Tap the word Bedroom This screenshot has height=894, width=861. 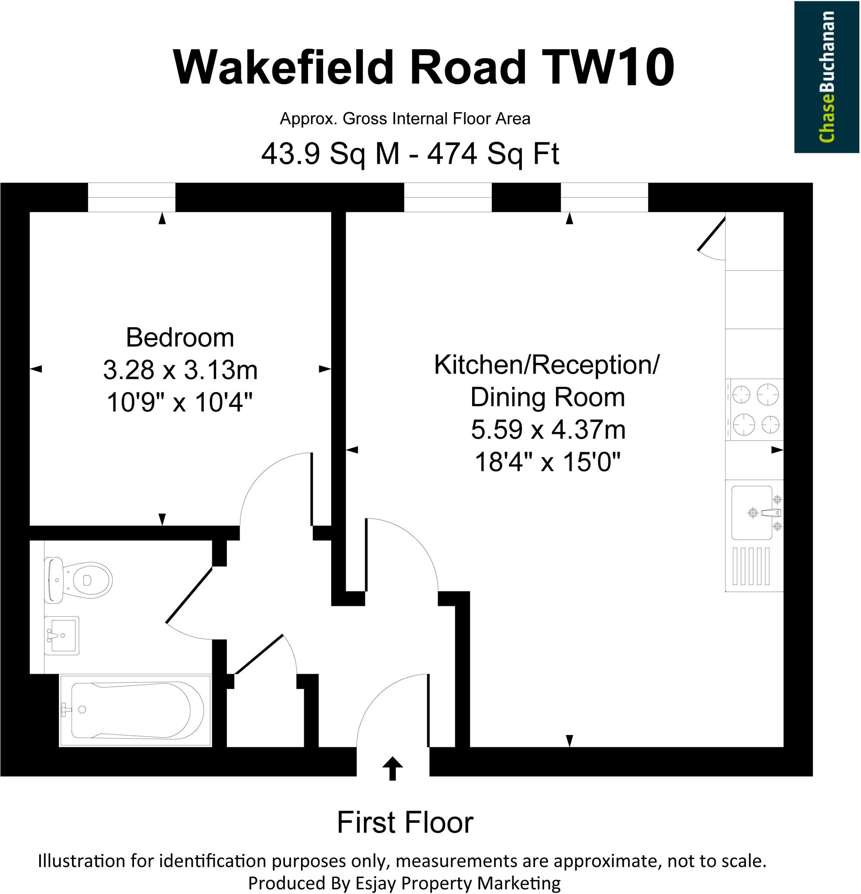(180, 337)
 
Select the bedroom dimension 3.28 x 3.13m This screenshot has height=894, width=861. (180, 370)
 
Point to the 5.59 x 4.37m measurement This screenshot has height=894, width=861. (548, 430)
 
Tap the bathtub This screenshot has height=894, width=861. (136, 711)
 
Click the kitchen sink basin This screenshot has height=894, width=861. (751, 512)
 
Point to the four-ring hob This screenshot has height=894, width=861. (755, 409)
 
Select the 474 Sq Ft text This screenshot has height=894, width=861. (493, 154)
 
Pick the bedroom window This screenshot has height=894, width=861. (131, 197)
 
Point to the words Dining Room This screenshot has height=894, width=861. (547, 397)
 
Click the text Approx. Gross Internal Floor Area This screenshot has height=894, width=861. (405, 119)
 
